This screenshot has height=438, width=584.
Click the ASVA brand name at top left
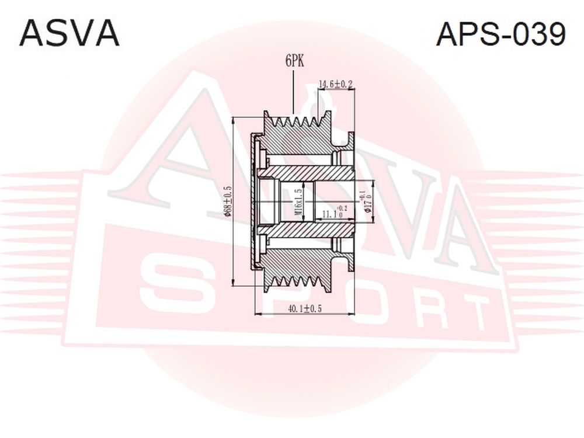69,33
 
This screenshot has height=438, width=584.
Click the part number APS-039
500,33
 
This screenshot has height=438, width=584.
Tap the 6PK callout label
294,61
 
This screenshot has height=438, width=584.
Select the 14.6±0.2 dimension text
335,84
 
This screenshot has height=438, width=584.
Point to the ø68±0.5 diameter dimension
228,201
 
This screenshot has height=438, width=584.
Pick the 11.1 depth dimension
333,213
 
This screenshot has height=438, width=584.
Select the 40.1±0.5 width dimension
305,308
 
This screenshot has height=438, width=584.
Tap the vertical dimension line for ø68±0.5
233,201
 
